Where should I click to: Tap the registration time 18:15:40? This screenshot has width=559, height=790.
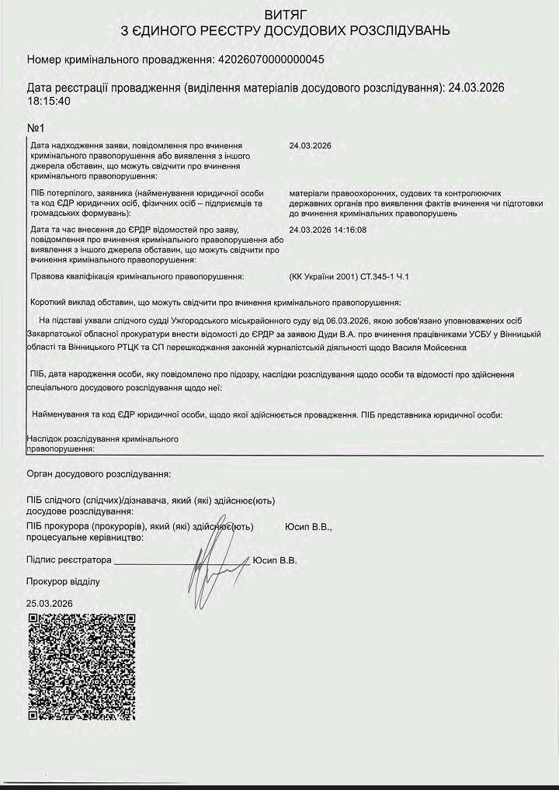(x=49, y=101)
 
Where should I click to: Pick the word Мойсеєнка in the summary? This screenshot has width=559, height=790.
(x=442, y=348)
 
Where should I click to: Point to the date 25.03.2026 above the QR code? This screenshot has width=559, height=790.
(x=49, y=603)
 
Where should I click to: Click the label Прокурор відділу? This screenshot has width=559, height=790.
(x=63, y=581)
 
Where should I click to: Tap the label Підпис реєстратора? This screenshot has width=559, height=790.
(x=69, y=560)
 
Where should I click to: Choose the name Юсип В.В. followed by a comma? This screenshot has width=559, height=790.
(x=308, y=527)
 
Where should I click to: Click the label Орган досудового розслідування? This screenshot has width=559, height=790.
(x=99, y=473)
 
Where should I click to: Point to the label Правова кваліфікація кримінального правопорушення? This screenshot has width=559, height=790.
(x=137, y=276)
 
